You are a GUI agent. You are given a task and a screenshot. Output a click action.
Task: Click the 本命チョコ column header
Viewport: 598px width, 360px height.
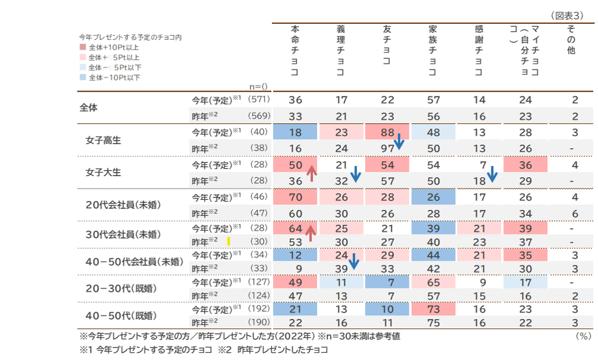click(x=295, y=50)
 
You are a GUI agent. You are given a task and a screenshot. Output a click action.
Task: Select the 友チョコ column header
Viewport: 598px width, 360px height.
click(x=387, y=45)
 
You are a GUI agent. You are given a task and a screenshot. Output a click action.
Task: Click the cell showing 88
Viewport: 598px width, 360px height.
click(x=387, y=132)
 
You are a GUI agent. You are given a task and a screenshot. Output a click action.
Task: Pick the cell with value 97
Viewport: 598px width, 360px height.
click(x=387, y=148)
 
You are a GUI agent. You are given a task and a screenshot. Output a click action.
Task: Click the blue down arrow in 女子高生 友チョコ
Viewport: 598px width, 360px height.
click(x=399, y=142)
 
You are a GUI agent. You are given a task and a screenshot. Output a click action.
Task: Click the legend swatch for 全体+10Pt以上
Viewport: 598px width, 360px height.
click(x=83, y=47)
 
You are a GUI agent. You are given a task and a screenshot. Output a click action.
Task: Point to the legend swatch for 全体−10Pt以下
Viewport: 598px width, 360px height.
click(x=83, y=77)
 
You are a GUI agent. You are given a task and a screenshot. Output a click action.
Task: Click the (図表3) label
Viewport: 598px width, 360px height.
click(x=571, y=16)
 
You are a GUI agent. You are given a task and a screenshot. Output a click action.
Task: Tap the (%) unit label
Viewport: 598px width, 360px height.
click(x=583, y=336)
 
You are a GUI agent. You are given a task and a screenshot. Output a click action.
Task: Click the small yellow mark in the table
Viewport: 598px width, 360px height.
click(x=228, y=242)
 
